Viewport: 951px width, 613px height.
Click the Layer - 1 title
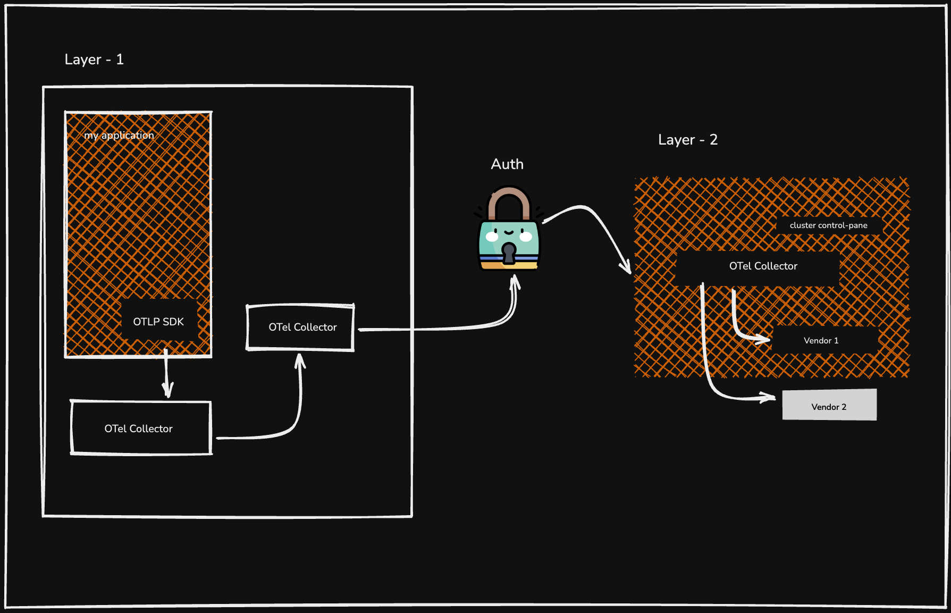[x=94, y=60]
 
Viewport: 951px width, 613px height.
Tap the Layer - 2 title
[x=687, y=140]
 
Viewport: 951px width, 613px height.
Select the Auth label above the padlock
[x=507, y=164]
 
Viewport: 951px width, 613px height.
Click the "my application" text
[x=119, y=136]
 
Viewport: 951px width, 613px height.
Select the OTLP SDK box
[x=158, y=322]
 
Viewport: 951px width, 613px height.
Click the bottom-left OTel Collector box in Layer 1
[x=141, y=428]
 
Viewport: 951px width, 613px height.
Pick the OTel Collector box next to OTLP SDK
[x=300, y=328]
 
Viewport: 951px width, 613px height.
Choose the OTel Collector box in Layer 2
[x=763, y=266]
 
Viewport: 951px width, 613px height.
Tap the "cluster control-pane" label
[x=828, y=225]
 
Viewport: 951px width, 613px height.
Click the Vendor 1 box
[x=821, y=341]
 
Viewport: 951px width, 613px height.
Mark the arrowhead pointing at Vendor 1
[x=764, y=339]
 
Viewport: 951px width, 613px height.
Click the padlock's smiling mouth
[x=509, y=232]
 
